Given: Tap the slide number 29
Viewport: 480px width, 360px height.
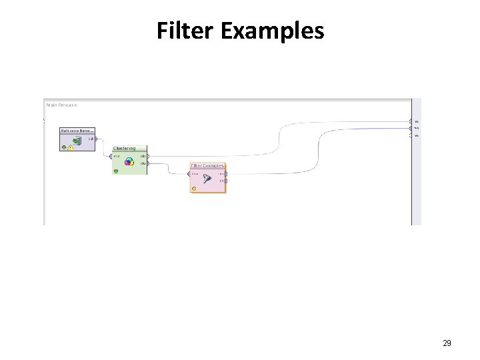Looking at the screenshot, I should coord(447,343).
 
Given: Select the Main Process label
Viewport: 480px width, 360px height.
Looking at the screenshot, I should coord(61,105).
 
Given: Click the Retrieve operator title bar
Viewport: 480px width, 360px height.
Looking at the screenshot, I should coord(77,131).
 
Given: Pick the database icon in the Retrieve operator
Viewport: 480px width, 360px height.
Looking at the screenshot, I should coord(77,141).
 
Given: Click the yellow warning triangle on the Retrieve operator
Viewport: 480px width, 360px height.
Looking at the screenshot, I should coord(70,147).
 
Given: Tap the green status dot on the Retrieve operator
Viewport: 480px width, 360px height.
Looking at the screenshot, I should coord(64,147).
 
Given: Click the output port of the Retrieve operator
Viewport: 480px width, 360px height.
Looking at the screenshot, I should coord(96,139).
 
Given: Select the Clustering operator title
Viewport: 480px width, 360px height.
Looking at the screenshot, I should coord(124,149).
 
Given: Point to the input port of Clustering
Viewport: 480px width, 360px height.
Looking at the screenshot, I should coord(111,157).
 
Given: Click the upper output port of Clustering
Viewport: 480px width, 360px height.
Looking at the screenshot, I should coord(147,157).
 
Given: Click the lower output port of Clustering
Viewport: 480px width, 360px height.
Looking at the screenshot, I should coord(147,163).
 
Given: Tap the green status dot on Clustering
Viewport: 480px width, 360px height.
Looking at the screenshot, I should coord(116,171).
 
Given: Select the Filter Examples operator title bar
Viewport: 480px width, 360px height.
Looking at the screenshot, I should coord(207,166).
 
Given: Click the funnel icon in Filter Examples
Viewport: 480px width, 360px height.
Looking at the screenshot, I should coord(207,178).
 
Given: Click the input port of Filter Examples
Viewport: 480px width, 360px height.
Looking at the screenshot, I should coord(189,175).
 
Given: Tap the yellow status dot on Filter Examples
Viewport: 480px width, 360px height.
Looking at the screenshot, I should coord(194,189).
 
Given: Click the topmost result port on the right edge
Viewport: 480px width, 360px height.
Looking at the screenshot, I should coord(411,121).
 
